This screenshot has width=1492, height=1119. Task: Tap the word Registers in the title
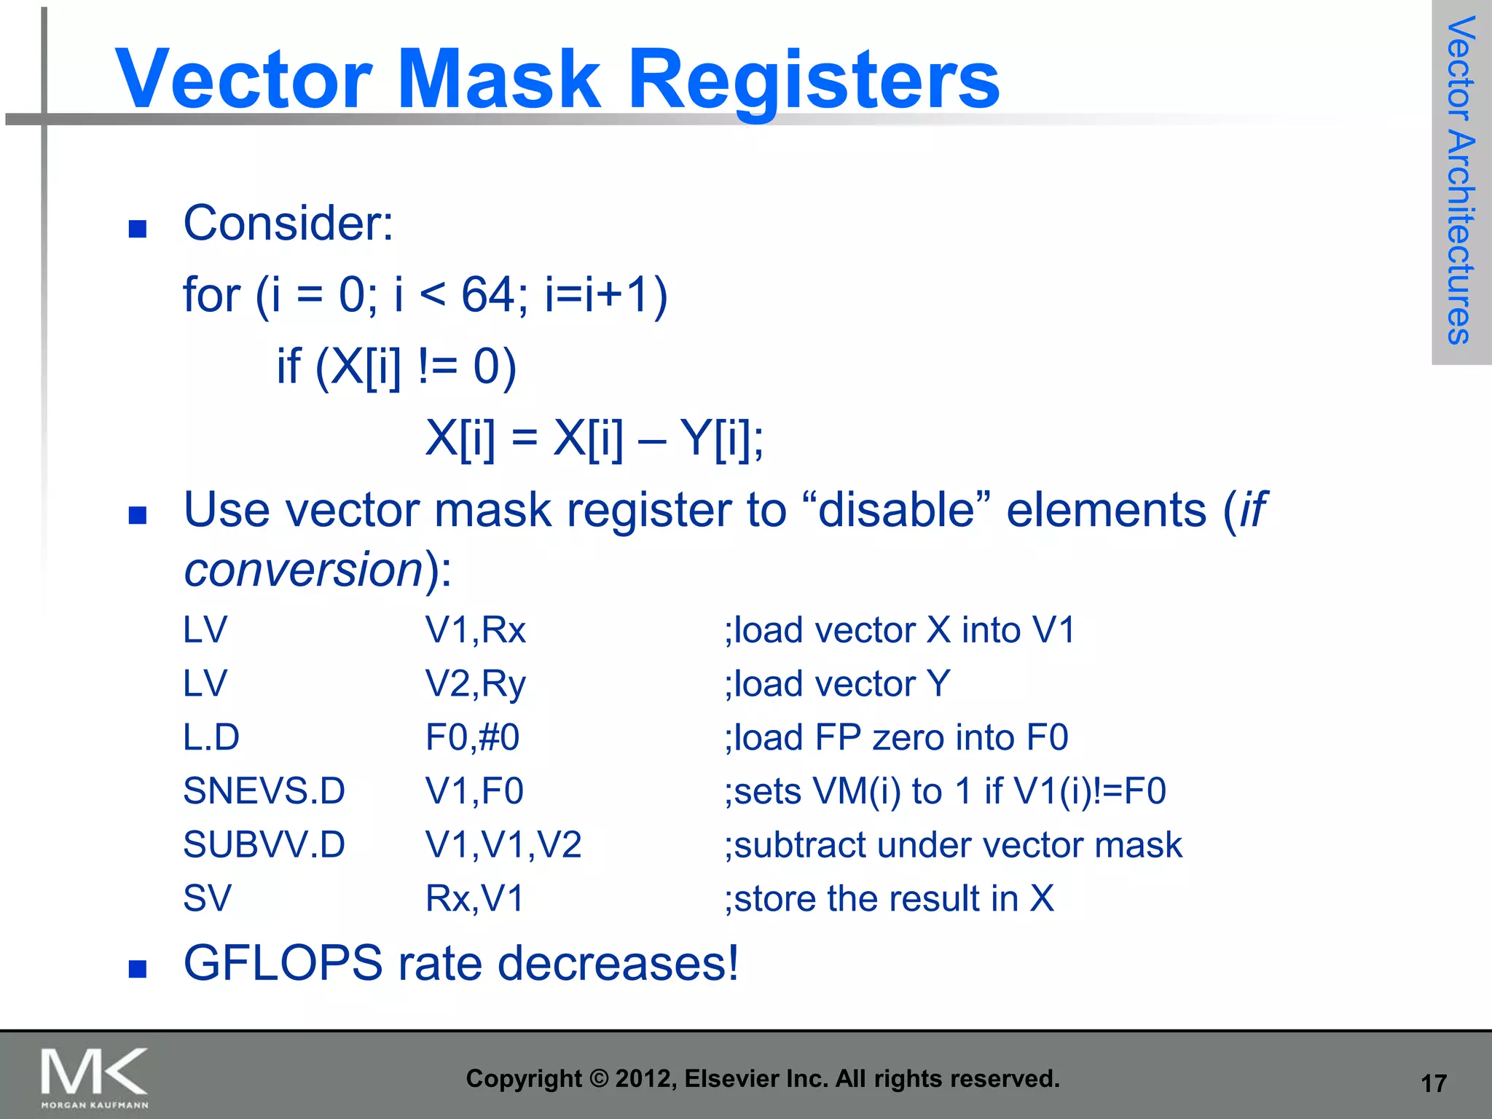coord(814,80)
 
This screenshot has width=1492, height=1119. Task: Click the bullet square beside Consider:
coord(138,229)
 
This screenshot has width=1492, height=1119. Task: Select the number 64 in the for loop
coord(487,295)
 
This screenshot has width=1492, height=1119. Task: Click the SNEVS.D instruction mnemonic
coord(264,791)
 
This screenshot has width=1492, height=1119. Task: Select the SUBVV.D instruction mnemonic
coord(264,845)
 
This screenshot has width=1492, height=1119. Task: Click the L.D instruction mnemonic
coord(211,737)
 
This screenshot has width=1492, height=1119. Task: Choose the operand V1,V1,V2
coord(503,845)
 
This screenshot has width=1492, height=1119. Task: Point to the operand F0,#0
coord(472,737)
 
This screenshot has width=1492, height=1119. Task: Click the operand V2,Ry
coord(475,684)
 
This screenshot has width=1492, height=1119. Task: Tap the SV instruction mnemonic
coord(207,898)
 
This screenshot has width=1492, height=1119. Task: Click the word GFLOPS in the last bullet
coord(283,963)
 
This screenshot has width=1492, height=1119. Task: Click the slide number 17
coord(1434,1084)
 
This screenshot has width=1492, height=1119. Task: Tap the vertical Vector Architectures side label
coord(1461,181)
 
